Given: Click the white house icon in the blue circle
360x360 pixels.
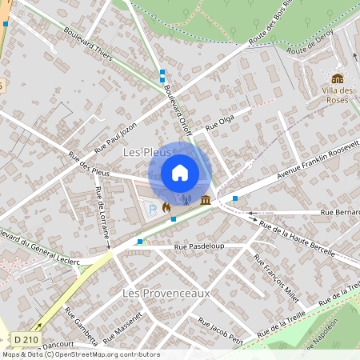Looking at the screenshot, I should point(180,171).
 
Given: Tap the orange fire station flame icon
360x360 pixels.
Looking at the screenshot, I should point(166,207).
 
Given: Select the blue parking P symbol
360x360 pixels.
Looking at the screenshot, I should point(153,209).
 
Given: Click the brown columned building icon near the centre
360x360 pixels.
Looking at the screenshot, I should point(206,199).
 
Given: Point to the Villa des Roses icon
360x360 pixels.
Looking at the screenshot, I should point(338,78).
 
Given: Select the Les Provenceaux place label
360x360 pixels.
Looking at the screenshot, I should point(166,293).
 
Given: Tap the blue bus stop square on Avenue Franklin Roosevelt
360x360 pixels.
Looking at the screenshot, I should point(235,198).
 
